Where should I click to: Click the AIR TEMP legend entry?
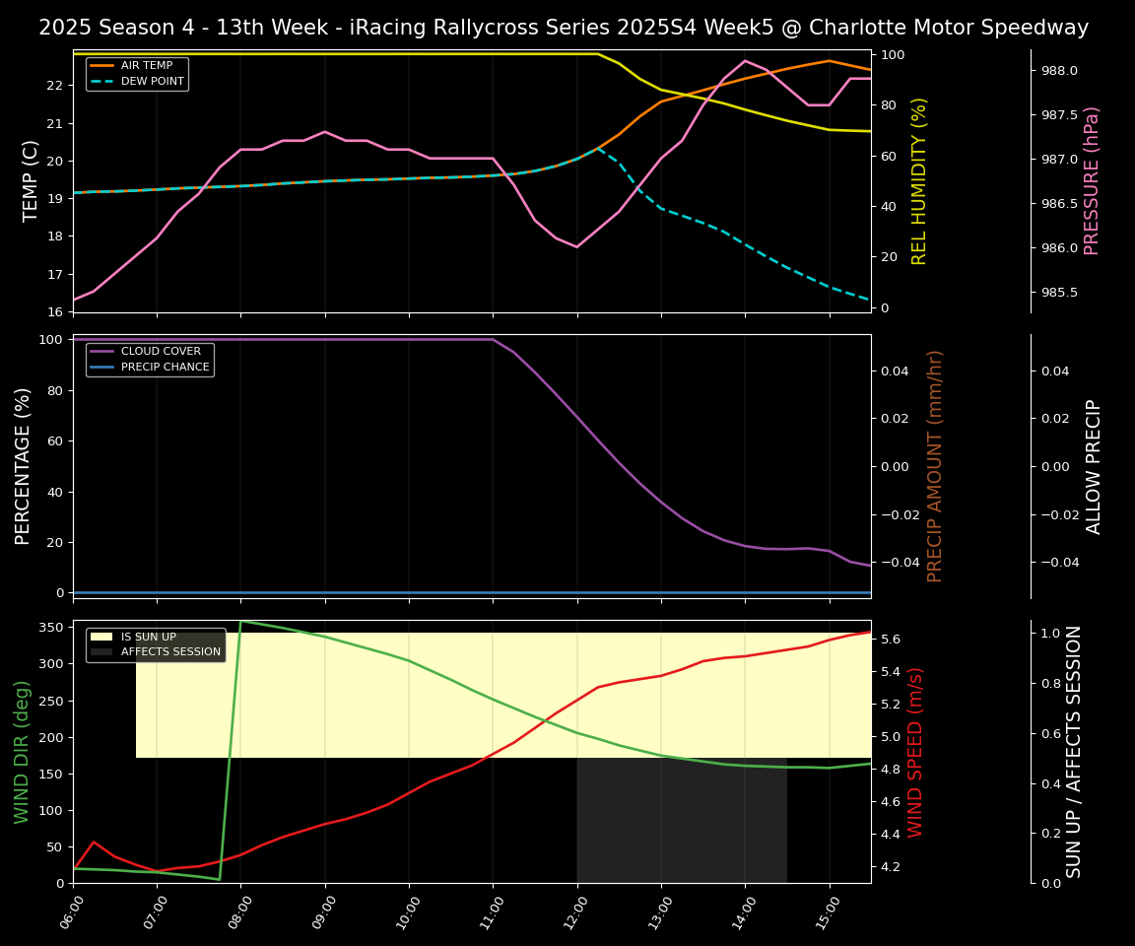[146, 66]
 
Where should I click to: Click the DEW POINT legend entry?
[152, 82]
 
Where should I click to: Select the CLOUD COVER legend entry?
[161, 352]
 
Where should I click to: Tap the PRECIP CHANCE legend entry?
[165, 368]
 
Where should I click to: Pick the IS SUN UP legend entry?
[148, 637]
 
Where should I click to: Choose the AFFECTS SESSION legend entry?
[170, 652]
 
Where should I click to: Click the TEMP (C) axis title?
[31, 180]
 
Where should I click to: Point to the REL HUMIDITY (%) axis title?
[919, 180]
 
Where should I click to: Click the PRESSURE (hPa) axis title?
[1092, 180]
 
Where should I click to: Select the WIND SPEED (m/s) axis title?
[915, 752]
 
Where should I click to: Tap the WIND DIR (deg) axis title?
[22, 752]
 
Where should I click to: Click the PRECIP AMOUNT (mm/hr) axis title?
[935, 466]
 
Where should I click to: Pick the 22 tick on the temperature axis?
[55, 86]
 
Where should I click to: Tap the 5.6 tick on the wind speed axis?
[889, 640]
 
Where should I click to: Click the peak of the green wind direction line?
[240, 621]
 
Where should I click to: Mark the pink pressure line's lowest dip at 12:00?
[576, 246]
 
